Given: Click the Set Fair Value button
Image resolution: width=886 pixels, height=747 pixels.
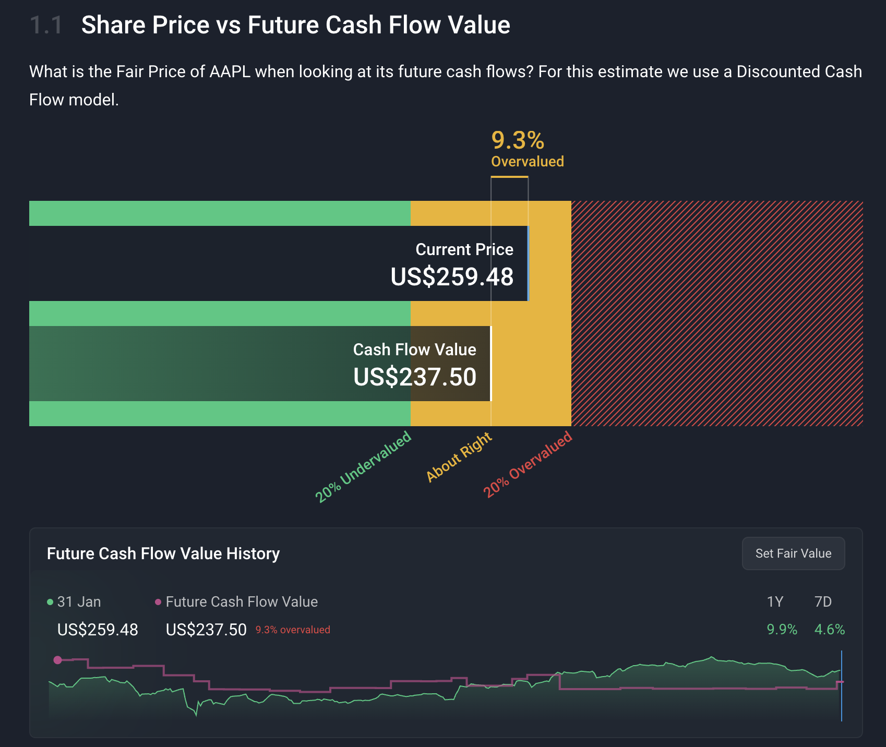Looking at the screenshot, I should click(793, 553).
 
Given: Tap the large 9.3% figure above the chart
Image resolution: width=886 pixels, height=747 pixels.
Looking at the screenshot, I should click(518, 140).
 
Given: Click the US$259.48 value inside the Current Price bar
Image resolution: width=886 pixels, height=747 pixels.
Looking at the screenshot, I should click(452, 276).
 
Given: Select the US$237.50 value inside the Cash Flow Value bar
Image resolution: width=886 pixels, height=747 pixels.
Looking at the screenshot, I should click(415, 377).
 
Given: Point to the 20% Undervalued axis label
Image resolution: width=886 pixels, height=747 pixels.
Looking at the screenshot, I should click(364, 467).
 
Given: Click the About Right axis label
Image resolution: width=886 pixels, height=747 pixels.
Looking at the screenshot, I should click(459, 456).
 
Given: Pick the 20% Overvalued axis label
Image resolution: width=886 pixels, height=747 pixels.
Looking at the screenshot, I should click(528, 464).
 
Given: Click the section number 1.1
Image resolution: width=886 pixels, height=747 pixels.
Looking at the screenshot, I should click(46, 25).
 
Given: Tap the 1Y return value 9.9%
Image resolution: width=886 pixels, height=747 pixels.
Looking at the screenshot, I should click(782, 630).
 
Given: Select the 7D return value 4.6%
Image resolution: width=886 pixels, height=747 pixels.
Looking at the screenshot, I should click(829, 630).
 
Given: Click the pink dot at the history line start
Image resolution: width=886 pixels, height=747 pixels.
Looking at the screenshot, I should click(58, 660).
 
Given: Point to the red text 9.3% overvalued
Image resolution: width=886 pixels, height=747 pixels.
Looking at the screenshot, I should click(293, 630).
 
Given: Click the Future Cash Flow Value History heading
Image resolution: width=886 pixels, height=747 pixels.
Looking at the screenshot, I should click(163, 553).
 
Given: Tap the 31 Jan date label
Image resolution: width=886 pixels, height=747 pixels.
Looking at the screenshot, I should click(79, 602).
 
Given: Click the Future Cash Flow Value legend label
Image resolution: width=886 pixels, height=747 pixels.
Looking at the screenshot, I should click(242, 602).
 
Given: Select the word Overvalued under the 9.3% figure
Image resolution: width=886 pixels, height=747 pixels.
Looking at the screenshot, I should click(528, 162).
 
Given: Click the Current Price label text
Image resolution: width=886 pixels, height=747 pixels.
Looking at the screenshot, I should click(464, 249).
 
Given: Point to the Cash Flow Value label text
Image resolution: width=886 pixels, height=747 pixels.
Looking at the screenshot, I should click(414, 350).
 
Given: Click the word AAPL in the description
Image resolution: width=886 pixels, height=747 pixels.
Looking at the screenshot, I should click(230, 71).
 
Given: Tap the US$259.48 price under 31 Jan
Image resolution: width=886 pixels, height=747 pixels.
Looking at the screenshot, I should click(98, 630).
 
